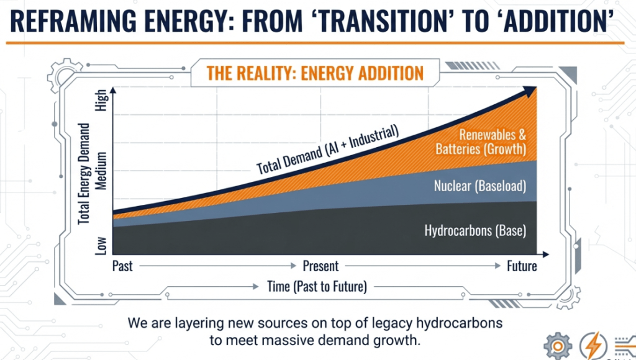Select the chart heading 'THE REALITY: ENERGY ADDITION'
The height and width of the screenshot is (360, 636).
click(315, 73)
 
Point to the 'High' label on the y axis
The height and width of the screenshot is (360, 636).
click(102, 102)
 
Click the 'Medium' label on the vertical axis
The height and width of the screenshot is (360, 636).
click(102, 172)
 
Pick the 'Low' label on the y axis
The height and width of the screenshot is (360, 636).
click(102, 245)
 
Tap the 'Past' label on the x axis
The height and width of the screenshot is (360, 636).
click(122, 266)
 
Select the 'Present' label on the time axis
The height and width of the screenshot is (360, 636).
click(320, 266)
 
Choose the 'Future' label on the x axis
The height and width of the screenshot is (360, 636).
click(521, 266)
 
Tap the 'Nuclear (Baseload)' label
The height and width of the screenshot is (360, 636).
click(480, 186)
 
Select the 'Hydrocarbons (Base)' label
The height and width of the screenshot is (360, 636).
click(475, 231)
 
